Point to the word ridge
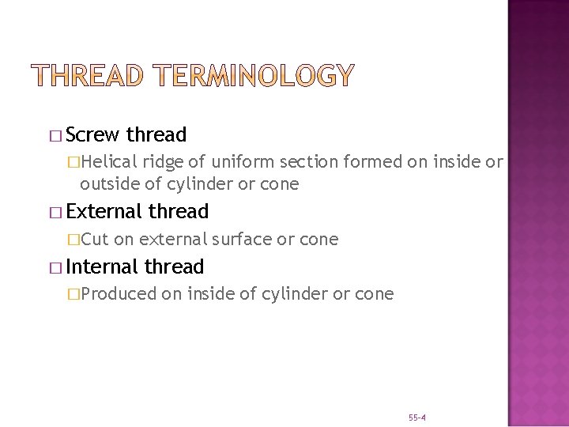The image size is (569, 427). (164, 162)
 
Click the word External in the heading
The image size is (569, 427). (105, 212)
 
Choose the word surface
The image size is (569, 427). (240, 239)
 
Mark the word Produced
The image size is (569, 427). (119, 294)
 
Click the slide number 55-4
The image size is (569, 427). (417, 417)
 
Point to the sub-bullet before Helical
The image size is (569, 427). (73, 163)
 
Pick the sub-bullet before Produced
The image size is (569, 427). (73, 295)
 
